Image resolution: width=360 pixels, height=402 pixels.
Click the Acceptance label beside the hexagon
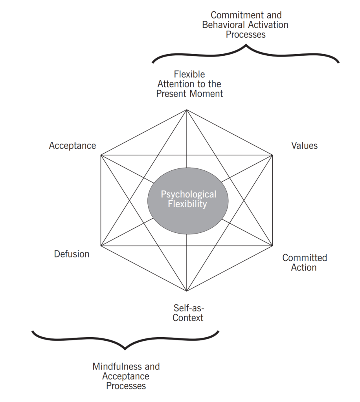(x=72, y=146)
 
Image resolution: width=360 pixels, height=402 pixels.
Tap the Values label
(x=304, y=146)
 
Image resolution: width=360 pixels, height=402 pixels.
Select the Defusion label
(x=72, y=254)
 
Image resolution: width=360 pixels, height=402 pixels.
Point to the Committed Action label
(x=304, y=263)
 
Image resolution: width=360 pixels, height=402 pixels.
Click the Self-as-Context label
(x=189, y=312)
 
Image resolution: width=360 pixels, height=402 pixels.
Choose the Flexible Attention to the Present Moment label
(x=189, y=84)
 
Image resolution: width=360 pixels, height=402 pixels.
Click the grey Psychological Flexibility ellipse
(x=188, y=201)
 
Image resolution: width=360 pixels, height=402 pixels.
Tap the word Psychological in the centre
(x=188, y=194)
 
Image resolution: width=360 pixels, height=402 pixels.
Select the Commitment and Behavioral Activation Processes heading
(x=246, y=25)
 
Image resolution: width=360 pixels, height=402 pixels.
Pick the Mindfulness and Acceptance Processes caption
(x=126, y=376)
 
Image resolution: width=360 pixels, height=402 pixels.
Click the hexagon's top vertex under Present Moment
(x=186, y=110)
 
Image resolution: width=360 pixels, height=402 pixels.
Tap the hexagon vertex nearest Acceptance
(x=101, y=155)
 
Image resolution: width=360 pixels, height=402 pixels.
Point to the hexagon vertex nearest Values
(x=272, y=155)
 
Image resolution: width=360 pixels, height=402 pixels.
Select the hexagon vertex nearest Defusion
(x=101, y=246)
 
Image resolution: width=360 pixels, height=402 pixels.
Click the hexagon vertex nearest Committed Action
(x=272, y=246)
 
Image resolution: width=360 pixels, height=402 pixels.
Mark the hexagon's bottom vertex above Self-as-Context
(x=186, y=291)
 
